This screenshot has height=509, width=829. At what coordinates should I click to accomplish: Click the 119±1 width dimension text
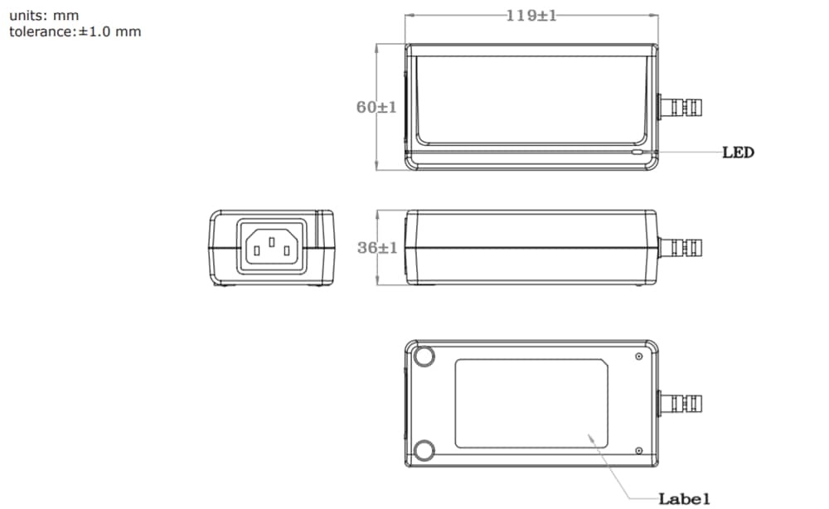[531, 16]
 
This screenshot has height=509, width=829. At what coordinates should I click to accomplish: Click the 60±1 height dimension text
[377, 108]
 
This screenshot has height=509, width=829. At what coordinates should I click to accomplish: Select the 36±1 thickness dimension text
[377, 248]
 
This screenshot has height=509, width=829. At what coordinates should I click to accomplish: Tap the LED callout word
[738, 153]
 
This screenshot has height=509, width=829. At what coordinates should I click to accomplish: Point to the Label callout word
[684, 498]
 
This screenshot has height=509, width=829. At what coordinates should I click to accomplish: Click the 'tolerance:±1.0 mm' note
[75, 32]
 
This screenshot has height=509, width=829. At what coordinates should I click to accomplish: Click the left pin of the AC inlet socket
[257, 247]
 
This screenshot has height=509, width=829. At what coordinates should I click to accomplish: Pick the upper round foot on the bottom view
[424, 356]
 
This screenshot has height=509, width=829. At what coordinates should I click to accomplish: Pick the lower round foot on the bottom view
[424, 450]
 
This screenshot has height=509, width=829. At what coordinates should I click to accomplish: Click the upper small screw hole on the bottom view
[638, 356]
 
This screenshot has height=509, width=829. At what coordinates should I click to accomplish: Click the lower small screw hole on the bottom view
[638, 450]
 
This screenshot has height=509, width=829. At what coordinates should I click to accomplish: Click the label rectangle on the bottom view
[531, 403]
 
